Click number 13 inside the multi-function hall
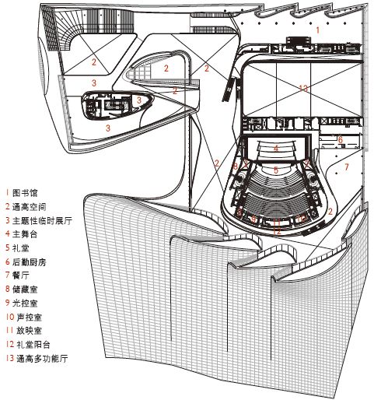[x=302, y=87]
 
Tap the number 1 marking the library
[x=317, y=29]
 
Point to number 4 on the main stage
[x=275, y=148]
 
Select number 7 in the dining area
[x=347, y=167]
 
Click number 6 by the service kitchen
[x=340, y=139]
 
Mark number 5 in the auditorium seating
[x=274, y=168]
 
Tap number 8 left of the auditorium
[x=234, y=166]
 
